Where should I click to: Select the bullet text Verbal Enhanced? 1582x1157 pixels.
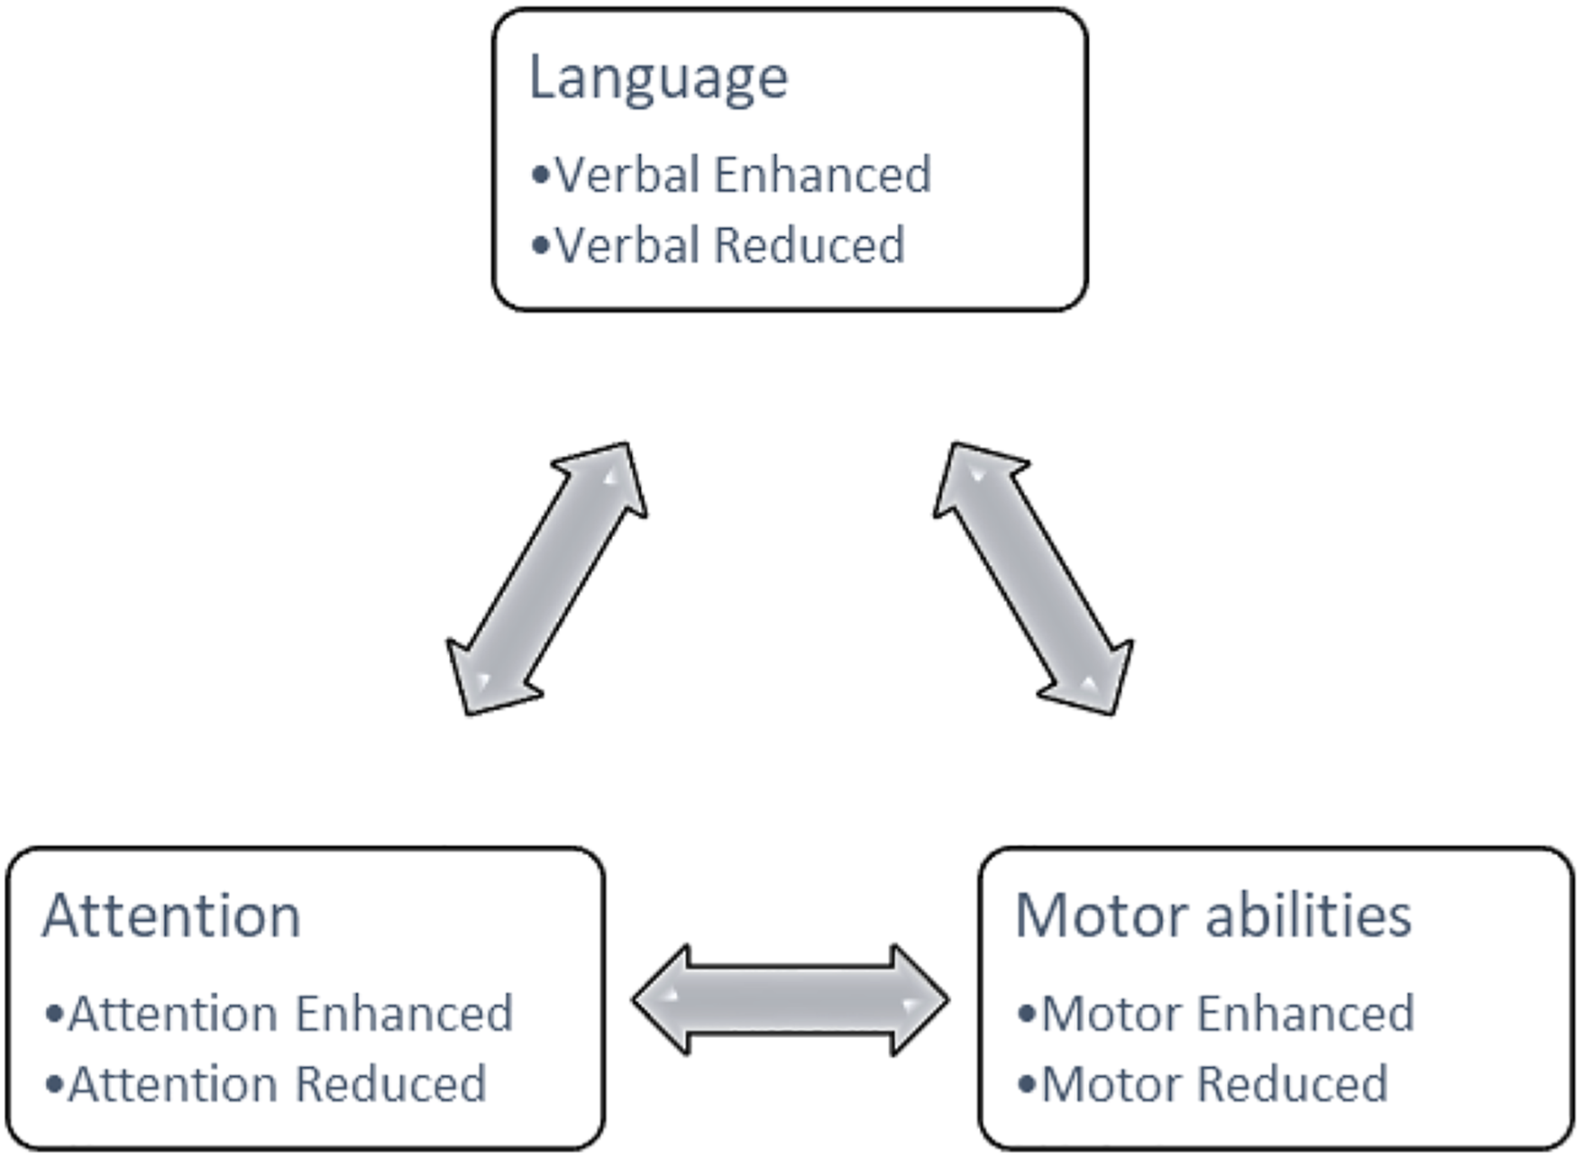(x=744, y=174)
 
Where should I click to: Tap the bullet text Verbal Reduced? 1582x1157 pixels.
(x=730, y=244)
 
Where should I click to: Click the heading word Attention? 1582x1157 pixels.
(x=171, y=916)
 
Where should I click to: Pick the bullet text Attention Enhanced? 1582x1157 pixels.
(x=291, y=1013)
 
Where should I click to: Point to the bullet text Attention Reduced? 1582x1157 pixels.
(x=278, y=1083)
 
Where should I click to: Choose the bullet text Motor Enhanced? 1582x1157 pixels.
(x=1229, y=1013)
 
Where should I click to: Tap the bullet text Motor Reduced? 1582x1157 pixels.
(x=1215, y=1083)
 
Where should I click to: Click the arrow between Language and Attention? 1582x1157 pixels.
(x=547, y=578)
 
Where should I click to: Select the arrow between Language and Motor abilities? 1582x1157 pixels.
(x=1033, y=578)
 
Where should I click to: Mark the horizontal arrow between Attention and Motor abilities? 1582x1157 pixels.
(x=791, y=1000)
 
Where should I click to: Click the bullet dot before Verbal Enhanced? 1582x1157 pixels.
(x=541, y=175)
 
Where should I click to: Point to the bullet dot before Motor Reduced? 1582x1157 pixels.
(x=1027, y=1084)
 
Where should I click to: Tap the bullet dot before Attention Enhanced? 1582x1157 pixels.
(x=54, y=1014)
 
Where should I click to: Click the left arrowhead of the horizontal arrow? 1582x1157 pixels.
(x=660, y=1000)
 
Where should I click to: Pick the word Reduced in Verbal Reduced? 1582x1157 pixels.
(x=809, y=244)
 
